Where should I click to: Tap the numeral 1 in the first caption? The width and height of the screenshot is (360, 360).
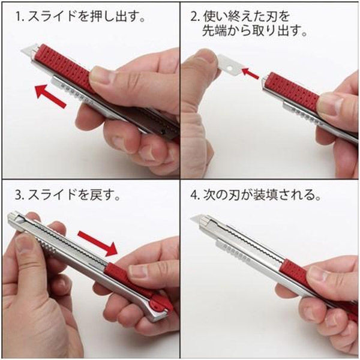(20, 15)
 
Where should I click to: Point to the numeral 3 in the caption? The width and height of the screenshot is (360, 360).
(20, 196)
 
